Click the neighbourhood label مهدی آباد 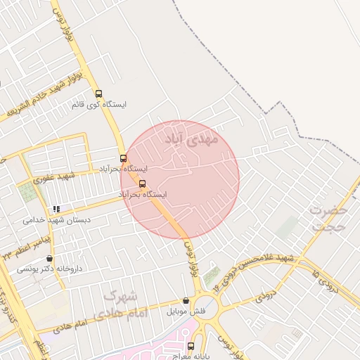point(192,139)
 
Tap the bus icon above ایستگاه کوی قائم point(98,94)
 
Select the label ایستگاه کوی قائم point(98,105)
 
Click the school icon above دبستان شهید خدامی point(56,209)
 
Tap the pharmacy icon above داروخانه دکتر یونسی point(49,259)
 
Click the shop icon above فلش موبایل point(186,300)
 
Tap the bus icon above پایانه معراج point(191,345)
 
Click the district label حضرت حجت point(329,219)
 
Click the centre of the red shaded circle point(180,179)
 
